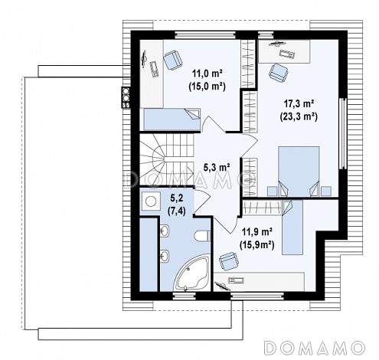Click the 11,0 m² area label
pyautogui.click(x=207, y=74)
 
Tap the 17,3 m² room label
pyautogui.click(x=299, y=104)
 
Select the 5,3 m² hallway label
pyautogui.click(x=217, y=167)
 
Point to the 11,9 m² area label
pyautogui.click(x=256, y=232)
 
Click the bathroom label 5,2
pyautogui.click(x=176, y=198)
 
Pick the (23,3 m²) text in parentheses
pyautogui.click(x=299, y=116)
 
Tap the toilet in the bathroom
pyautogui.click(x=202, y=235)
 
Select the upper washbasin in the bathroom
pyautogui.click(x=165, y=231)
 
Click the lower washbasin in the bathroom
pyautogui.click(x=165, y=255)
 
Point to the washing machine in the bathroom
pyautogui.click(x=150, y=201)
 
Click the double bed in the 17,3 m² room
pyautogui.click(x=299, y=172)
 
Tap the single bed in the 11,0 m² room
pyautogui.click(x=172, y=119)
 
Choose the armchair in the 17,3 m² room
pyautogui.click(x=278, y=73)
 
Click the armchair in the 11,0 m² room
pyautogui.click(x=173, y=60)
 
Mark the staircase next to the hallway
pyautogui.click(x=167, y=159)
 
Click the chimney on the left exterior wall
pyautogui.click(x=126, y=97)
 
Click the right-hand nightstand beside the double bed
pyautogui.click(x=326, y=191)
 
